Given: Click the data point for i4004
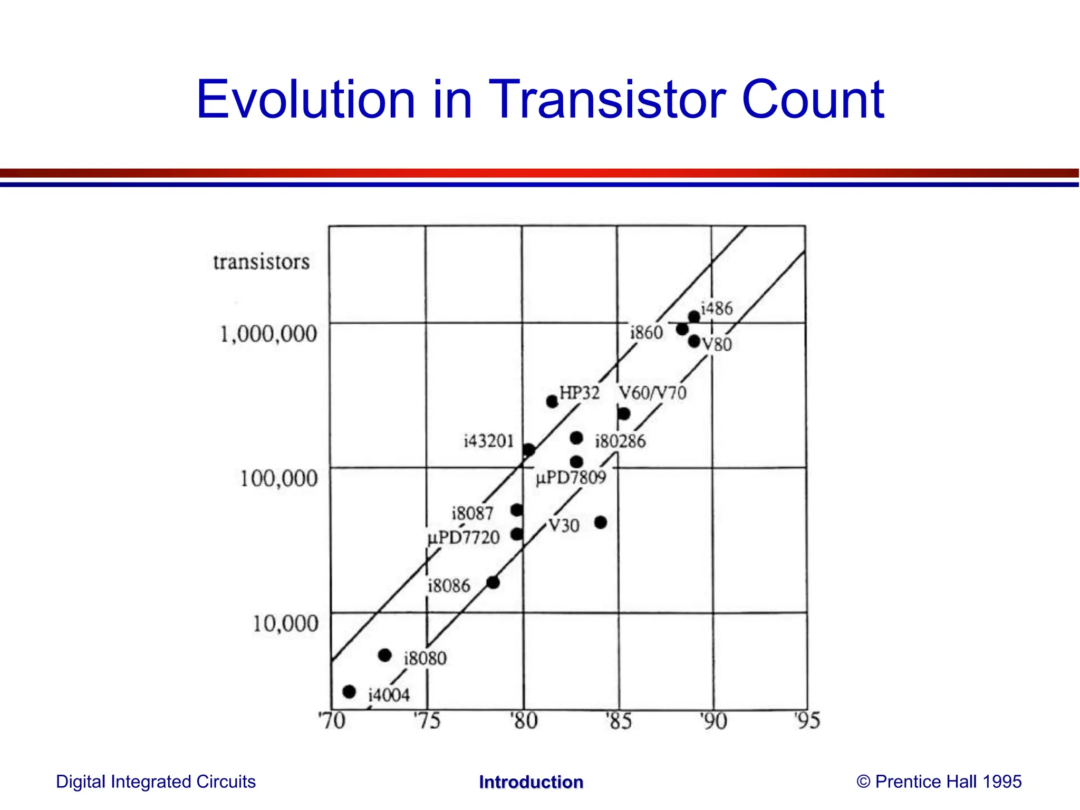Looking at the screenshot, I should [x=349, y=691].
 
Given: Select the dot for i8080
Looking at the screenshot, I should [x=385, y=655].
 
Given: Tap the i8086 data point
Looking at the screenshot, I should [x=493, y=582].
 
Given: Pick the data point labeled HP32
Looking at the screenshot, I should [x=552, y=401].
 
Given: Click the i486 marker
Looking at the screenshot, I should [x=694, y=317].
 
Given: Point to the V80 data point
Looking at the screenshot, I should [x=694, y=342].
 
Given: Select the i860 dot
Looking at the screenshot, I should [x=682, y=329].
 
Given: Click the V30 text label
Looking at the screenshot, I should [x=564, y=526].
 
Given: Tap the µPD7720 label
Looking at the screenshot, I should [x=464, y=538].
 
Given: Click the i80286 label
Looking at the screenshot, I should [x=620, y=441].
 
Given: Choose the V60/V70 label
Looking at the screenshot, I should [x=652, y=393].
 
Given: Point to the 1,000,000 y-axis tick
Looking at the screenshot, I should [x=268, y=334].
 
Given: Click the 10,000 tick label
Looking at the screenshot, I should [x=285, y=624].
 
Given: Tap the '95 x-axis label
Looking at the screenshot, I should [x=807, y=721].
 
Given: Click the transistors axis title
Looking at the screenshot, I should [x=261, y=262].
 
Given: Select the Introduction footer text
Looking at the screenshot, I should [x=531, y=782].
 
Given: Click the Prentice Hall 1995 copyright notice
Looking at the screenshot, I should [x=939, y=782].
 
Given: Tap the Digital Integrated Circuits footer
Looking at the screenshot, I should [x=156, y=782].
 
